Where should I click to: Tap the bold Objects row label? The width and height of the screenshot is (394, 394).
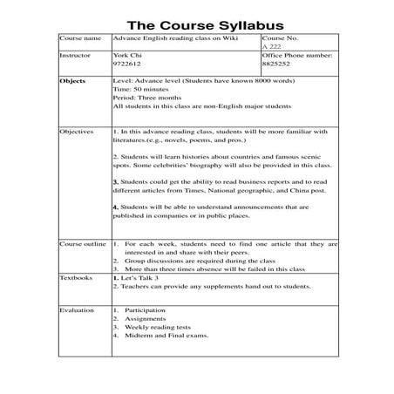[x=72, y=80]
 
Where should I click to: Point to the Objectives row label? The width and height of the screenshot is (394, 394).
[x=77, y=132]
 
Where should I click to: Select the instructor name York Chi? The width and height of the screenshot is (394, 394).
[x=127, y=55]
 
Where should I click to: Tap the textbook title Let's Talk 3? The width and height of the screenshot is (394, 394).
[x=142, y=278]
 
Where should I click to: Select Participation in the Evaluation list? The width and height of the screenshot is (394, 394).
[x=145, y=309]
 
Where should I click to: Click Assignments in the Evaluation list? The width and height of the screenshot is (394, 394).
[x=144, y=318]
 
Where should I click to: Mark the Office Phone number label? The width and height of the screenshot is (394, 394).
[x=297, y=55]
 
